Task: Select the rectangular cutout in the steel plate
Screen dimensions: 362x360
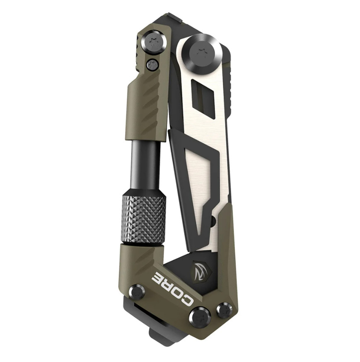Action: [x=203, y=98]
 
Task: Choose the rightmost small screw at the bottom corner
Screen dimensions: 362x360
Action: [x=225, y=310]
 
